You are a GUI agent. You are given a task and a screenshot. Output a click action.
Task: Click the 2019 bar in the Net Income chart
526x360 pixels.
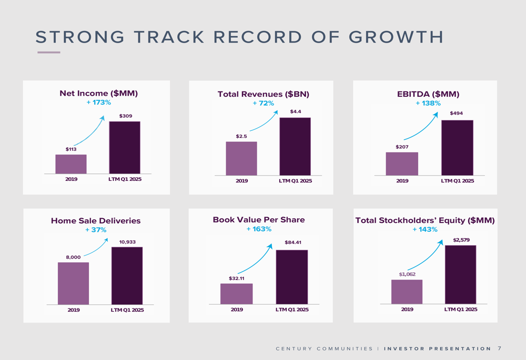click(x=71, y=164)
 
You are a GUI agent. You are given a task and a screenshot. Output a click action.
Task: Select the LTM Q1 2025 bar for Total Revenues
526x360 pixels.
click(x=295, y=146)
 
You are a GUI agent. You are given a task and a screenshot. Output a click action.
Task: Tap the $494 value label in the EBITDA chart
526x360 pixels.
click(x=456, y=114)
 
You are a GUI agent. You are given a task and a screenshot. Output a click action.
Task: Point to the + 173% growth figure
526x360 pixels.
click(x=98, y=102)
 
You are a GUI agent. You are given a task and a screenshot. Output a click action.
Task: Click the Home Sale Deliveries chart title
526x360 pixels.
click(x=96, y=221)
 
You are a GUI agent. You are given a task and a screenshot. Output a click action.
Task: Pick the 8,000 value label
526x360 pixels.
click(x=73, y=257)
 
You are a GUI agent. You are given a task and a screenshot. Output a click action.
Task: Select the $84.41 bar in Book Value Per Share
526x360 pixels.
click(x=292, y=277)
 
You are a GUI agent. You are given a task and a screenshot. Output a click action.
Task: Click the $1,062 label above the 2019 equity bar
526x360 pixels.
click(x=407, y=274)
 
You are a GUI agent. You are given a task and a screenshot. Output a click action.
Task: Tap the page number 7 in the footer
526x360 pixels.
click(x=499, y=348)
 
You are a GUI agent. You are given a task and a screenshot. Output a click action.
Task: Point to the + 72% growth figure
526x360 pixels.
click(x=263, y=103)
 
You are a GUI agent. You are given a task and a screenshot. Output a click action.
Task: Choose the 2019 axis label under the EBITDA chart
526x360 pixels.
click(x=402, y=181)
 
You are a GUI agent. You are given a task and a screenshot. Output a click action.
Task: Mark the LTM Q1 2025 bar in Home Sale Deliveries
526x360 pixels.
click(x=127, y=275)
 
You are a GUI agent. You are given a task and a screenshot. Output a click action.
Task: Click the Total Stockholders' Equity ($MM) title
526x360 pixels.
click(x=425, y=220)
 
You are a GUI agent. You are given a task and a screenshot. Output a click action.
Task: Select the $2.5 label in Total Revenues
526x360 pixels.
click(x=241, y=137)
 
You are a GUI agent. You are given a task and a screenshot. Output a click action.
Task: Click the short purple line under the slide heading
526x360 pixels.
click(x=49, y=52)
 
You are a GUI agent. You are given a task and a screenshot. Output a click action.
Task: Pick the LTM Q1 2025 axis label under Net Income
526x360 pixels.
click(x=125, y=179)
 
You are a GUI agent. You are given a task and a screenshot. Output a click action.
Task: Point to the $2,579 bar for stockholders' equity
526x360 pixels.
click(x=460, y=274)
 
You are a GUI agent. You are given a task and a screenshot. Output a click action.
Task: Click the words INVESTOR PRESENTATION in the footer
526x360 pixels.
click(x=438, y=348)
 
